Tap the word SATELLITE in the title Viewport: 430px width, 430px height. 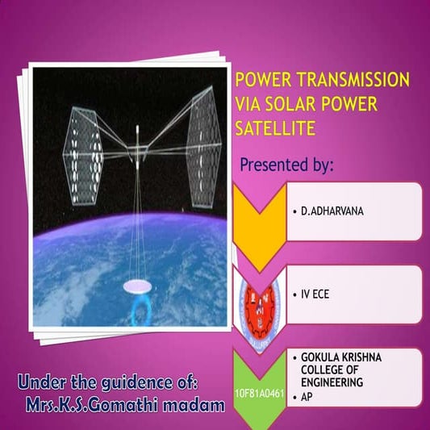(271, 127)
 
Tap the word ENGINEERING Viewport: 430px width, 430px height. (332, 382)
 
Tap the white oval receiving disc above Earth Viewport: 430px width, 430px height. (138, 286)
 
